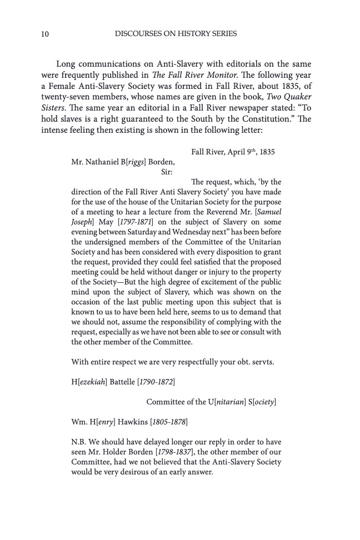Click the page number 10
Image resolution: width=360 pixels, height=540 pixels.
(45, 34)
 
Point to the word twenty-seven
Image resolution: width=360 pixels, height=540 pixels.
(64, 96)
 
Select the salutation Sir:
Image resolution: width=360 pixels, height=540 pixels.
(167, 172)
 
